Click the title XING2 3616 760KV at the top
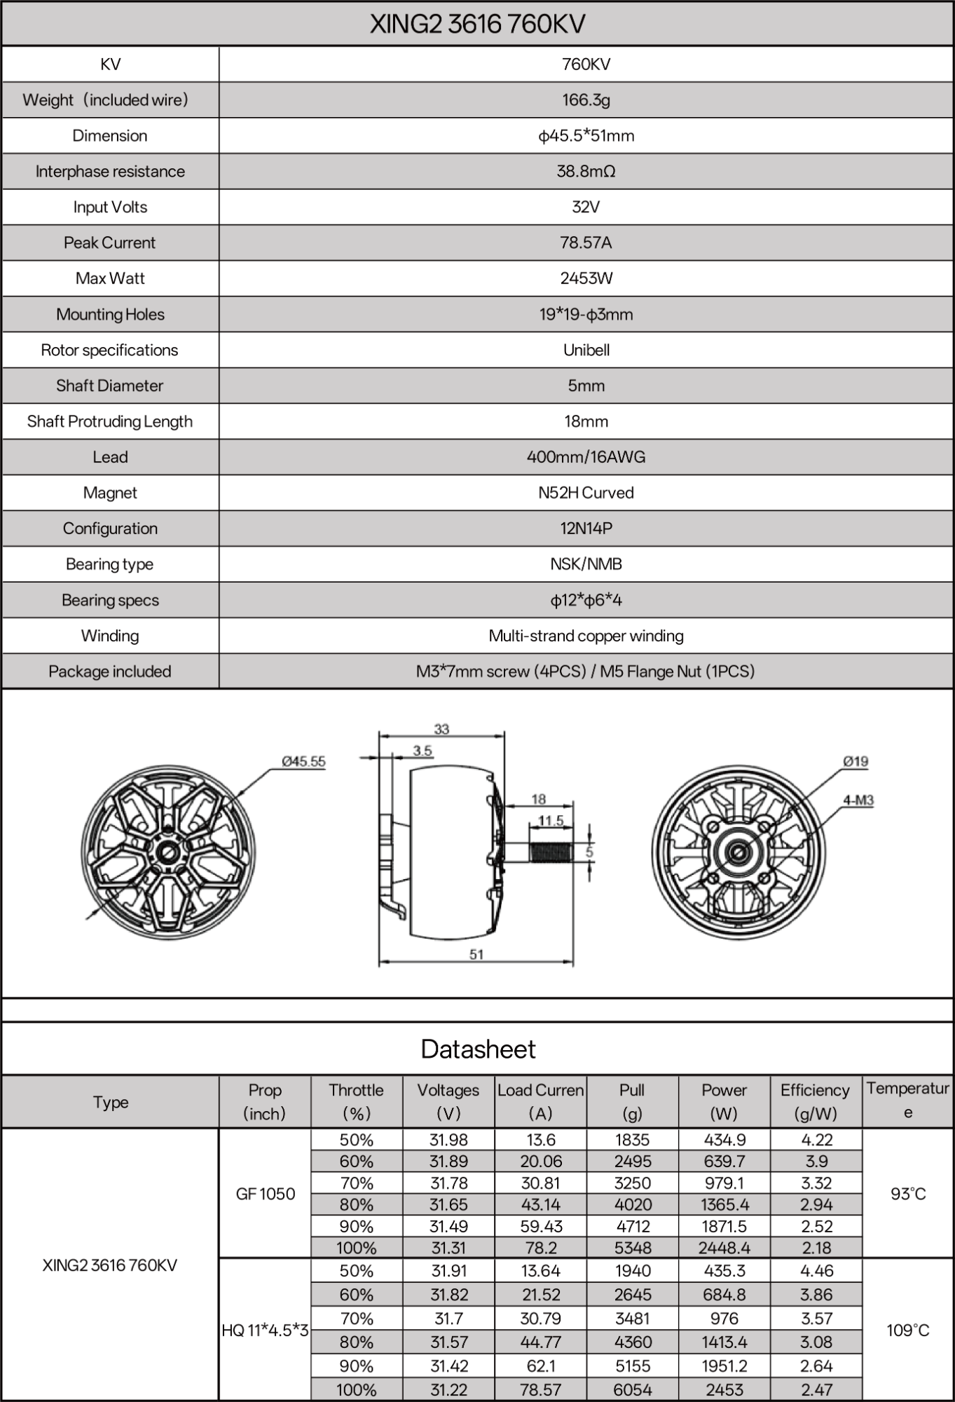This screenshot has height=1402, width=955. pyautogui.click(x=477, y=25)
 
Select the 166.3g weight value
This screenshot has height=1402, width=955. pyautogui.click(x=586, y=100)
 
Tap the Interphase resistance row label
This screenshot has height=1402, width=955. pyautogui.click(x=110, y=172)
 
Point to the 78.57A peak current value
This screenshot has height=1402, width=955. pyautogui.click(x=586, y=243)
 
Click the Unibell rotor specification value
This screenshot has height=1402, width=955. pyautogui.click(x=586, y=350)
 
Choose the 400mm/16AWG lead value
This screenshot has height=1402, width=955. pyautogui.click(x=586, y=458)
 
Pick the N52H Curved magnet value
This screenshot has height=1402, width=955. pyautogui.click(x=586, y=494)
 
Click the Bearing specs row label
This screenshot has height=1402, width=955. pyautogui.click(x=110, y=601)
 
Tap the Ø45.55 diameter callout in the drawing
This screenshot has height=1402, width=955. pyautogui.click(x=303, y=761)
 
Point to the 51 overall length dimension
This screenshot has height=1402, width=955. pyautogui.click(x=476, y=954)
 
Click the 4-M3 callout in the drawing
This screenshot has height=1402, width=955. pyautogui.click(x=858, y=800)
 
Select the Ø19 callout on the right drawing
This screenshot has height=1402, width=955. pyautogui.click(x=856, y=761)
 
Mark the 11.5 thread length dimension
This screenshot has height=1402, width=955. pyautogui.click(x=551, y=820)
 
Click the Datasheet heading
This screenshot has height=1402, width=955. pyautogui.click(x=478, y=1049)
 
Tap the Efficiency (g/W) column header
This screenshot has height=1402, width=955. pyautogui.click(x=816, y=1102)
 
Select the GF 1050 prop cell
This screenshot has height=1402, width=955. pyautogui.click(x=266, y=1194)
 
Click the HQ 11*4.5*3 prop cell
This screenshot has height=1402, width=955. pyautogui.click(x=266, y=1330)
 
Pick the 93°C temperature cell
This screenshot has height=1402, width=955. pyautogui.click(x=908, y=1194)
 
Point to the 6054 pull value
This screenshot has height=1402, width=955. pyautogui.click(x=632, y=1389)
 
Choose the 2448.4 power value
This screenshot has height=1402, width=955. pyautogui.click(x=724, y=1248)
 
